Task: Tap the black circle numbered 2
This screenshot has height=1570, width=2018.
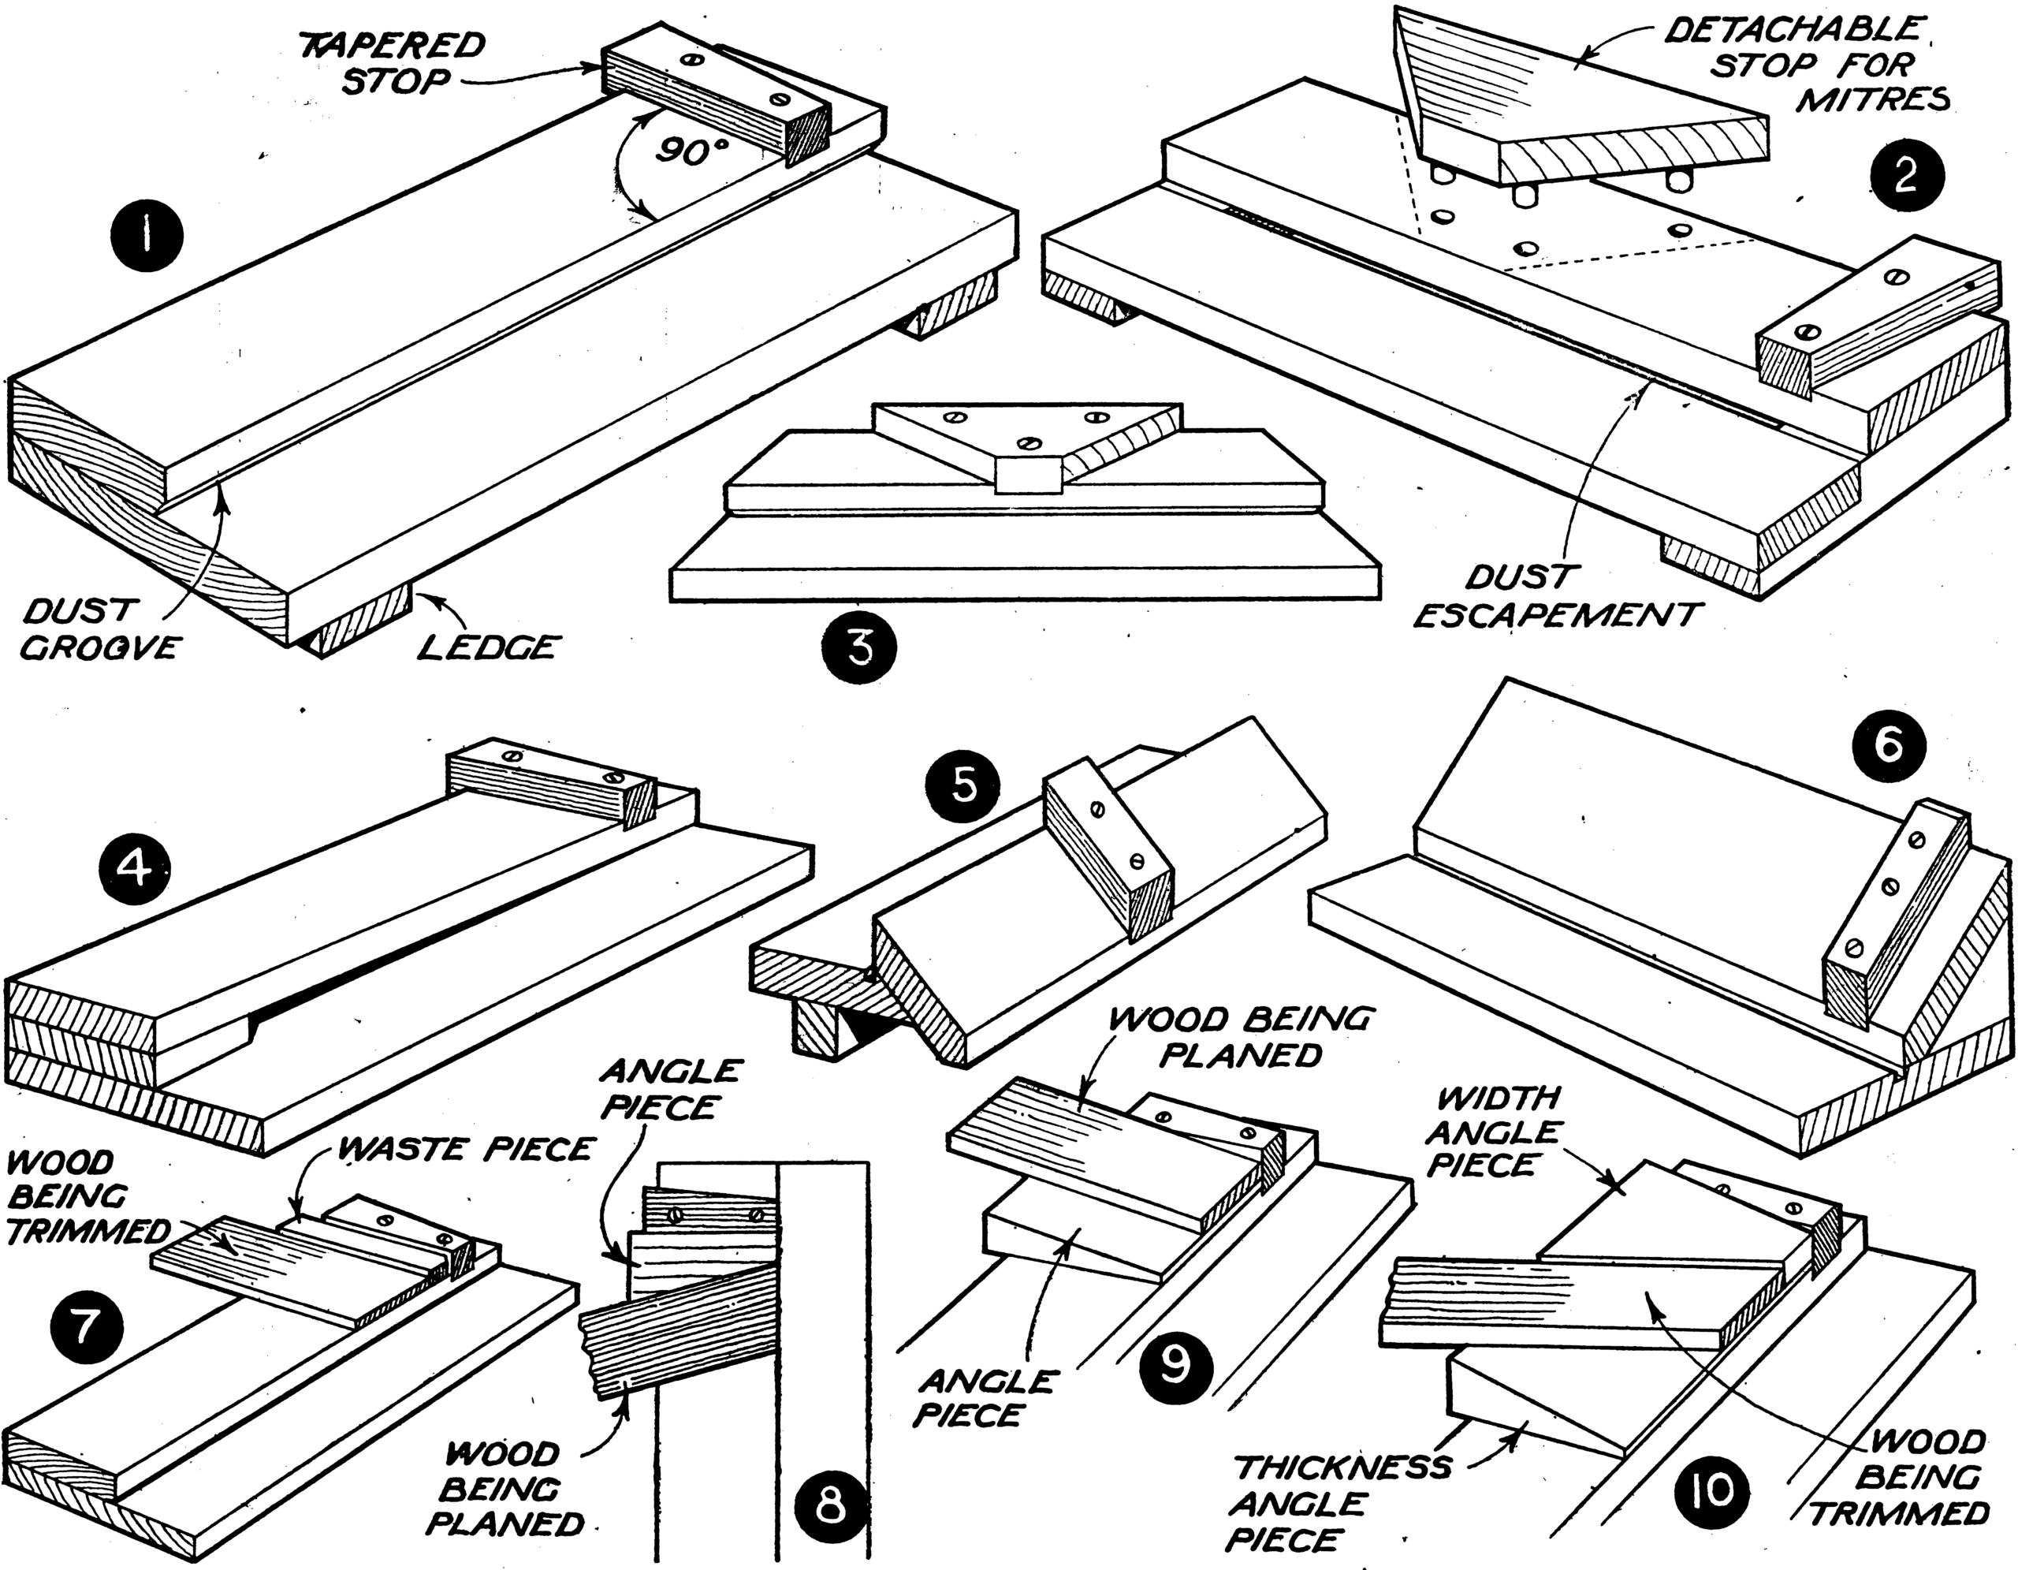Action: [1905, 177]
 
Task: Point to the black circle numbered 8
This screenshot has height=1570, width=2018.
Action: [831, 1506]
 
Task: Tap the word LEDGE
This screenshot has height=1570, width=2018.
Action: [487, 646]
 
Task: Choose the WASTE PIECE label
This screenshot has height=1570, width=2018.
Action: [466, 1150]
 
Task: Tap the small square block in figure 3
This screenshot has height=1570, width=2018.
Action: [1027, 475]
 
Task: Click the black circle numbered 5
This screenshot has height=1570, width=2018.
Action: [962, 786]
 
